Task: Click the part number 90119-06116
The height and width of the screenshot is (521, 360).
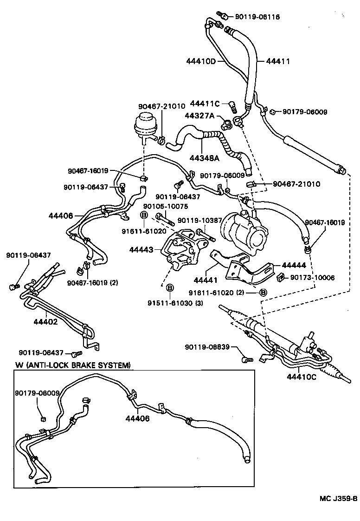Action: pos(257,17)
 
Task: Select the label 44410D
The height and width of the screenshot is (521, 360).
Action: pos(201,61)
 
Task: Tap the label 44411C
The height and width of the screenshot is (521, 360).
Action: pos(205,104)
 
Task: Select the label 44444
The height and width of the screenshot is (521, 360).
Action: pos(294,265)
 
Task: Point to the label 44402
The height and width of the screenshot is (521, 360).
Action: pos(45,321)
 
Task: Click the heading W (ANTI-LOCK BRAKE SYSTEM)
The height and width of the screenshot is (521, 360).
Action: pos(72,365)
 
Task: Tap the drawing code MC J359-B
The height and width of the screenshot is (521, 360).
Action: pos(338,499)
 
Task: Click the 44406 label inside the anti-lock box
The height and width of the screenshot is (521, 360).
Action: pos(137,418)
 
